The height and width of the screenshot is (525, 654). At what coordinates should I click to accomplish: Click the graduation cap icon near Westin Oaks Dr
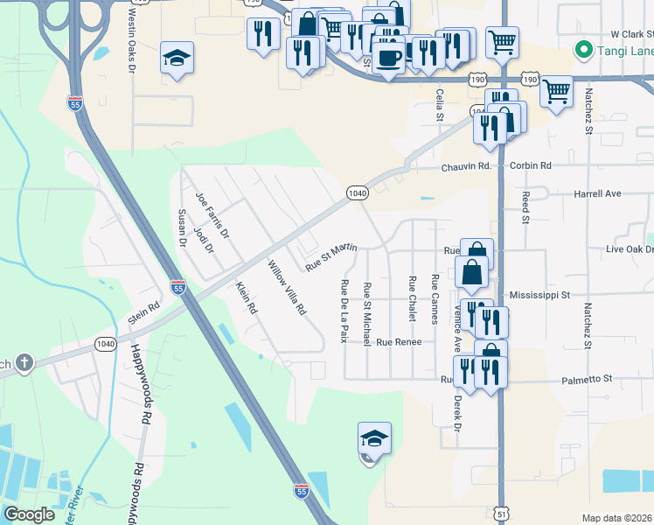coord(177,59)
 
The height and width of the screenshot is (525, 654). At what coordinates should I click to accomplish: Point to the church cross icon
coord(24,361)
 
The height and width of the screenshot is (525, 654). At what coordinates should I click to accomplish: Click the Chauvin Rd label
coord(467,166)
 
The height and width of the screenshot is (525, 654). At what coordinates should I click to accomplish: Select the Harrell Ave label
coord(596,193)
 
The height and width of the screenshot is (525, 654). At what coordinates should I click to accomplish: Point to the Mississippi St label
coord(539,295)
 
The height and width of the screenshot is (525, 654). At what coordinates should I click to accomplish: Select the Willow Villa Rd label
coord(288,288)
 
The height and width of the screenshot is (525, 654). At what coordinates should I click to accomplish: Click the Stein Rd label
coord(146,313)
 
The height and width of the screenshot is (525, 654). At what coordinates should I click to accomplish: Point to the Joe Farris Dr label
coord(212,215)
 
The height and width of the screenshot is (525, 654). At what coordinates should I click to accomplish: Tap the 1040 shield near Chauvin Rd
coord(356,193)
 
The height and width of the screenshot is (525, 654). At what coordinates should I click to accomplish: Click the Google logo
coord(29,514)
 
